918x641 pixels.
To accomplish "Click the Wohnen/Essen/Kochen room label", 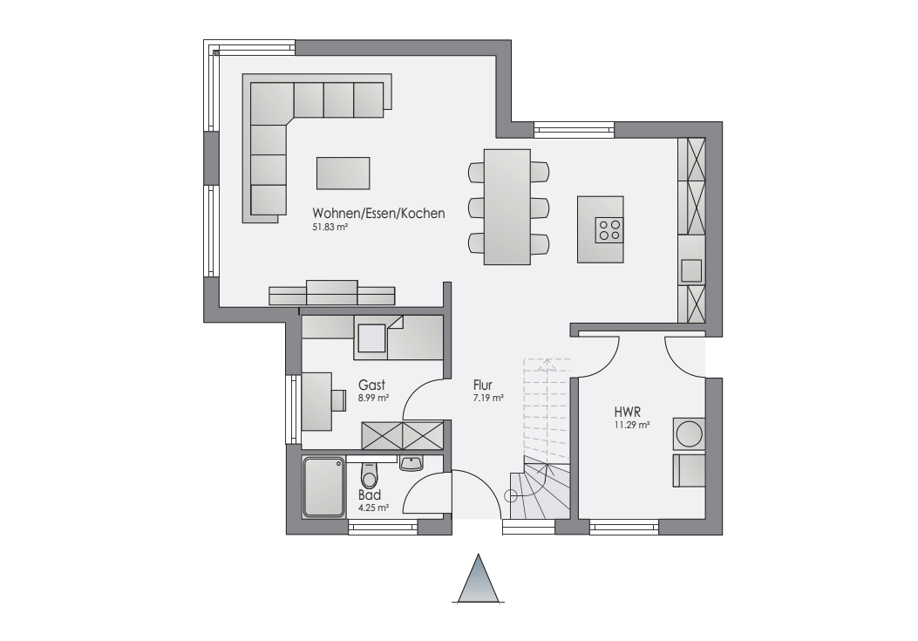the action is click(x=378, y=214).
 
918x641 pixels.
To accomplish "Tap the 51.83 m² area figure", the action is click(x=330, y=227).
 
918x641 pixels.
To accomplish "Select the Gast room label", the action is click(x=371, y=385).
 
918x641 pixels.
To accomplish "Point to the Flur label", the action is click(x=483, y=385).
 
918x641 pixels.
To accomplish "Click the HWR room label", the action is click(x=627, y=412).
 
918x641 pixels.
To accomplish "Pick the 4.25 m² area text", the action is click(x=374, y=508).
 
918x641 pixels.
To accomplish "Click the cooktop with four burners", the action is click(x=609, y=229).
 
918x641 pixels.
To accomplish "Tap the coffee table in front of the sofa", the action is click(x=343, y=173).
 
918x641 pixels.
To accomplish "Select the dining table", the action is click(x=507, y=207).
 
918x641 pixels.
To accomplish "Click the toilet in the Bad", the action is click(x=369, y=474).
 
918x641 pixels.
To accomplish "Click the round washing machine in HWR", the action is click(x=689, y=433).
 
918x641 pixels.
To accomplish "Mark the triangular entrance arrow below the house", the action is click(x=479, y=578).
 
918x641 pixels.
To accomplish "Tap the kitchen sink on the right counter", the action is click(x=691, y=270).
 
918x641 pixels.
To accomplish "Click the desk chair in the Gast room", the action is click(x=337, y=399).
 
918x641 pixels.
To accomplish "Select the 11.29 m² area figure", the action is click(x=631, y=426).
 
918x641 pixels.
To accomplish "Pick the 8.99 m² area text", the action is click(x=374, y=398).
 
